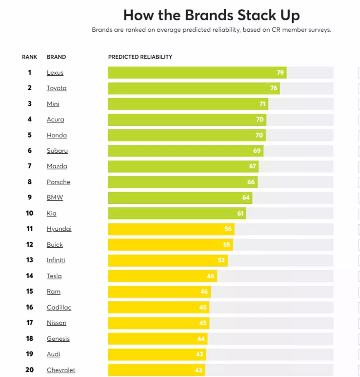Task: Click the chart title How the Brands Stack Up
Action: (211, 15)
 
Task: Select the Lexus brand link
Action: (55, 73)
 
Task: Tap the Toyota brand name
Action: (57, 88)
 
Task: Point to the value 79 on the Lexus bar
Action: (280, 73)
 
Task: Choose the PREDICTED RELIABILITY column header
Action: (140, 57)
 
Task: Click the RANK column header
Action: (29, 57)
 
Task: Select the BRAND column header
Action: (56, 57)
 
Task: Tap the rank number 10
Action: (29, 213)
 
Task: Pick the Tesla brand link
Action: (54, 276)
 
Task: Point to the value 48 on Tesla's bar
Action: (210, 276)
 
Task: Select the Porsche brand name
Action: (58, 182)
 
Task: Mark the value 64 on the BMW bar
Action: (246, 198)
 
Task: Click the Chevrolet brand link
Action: (61, 370)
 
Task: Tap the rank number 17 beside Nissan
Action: (29, 323)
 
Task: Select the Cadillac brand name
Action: (59, 307)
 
